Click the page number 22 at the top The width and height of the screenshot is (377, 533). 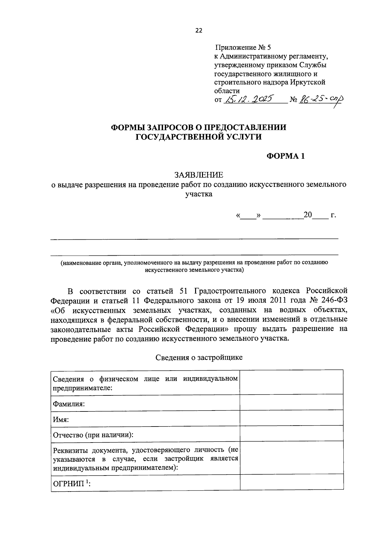click(199, 30)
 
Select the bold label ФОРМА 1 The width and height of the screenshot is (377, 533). click(286, 156)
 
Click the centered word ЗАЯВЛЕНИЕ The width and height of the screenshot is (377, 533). click(199, 175)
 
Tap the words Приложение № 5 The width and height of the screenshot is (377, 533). click(243, 48)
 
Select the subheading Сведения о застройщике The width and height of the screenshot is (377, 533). click(199, 357)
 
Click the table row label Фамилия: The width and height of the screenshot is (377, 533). click(69, 404)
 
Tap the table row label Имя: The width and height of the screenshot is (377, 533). click(61, 419)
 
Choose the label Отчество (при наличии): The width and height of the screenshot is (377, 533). click(93, 435)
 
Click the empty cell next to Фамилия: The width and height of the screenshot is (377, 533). click(291, 402)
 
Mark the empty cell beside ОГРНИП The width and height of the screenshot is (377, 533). click(291, 482)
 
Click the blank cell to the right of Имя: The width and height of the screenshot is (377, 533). click(291, 418)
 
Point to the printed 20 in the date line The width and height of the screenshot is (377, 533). click(308, 215)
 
